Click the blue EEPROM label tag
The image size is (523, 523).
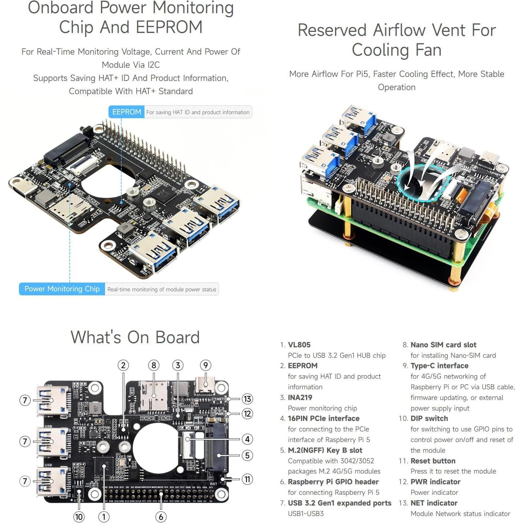126,112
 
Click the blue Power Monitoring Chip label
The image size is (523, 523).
62,289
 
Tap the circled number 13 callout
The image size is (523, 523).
247,399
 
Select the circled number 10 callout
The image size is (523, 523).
79,517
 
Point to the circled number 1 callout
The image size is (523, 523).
104,517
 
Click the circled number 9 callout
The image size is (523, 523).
205,365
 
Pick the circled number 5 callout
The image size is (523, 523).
247,455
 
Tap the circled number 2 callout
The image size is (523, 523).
123,365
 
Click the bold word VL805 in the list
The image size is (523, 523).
299,345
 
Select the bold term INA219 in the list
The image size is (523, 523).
300,397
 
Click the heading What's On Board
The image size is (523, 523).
135,337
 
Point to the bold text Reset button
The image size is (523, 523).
433,461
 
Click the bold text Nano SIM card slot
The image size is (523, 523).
443,345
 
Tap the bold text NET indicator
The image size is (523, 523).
434,503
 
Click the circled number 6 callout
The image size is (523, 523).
161,517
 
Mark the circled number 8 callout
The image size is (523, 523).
153,365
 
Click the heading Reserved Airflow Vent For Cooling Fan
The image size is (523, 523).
397,40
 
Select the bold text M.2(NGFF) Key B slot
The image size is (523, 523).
324,450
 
